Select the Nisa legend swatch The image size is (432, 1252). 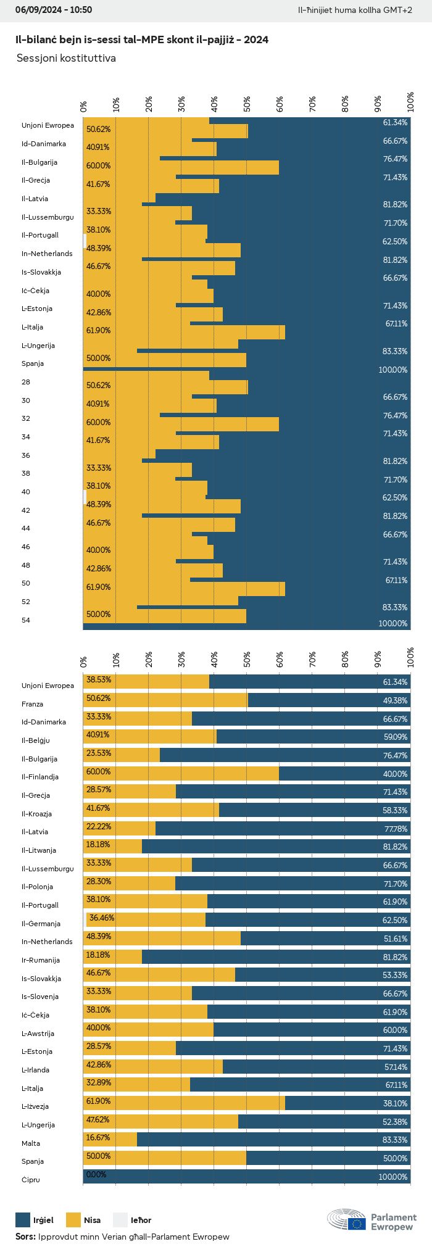coord(73,1219)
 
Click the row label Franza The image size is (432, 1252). coord(32,703)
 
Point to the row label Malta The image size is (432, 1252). coord(31,1143)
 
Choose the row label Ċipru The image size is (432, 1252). coord(31,1179)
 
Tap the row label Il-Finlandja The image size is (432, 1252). coord(40,776)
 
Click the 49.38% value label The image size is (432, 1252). coord(395,700)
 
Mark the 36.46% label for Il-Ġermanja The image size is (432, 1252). coord(102,918)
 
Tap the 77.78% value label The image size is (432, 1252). coord(395,829)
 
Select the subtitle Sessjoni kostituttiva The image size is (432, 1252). coord(66,58)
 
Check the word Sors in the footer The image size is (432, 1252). coord(25,1236)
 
